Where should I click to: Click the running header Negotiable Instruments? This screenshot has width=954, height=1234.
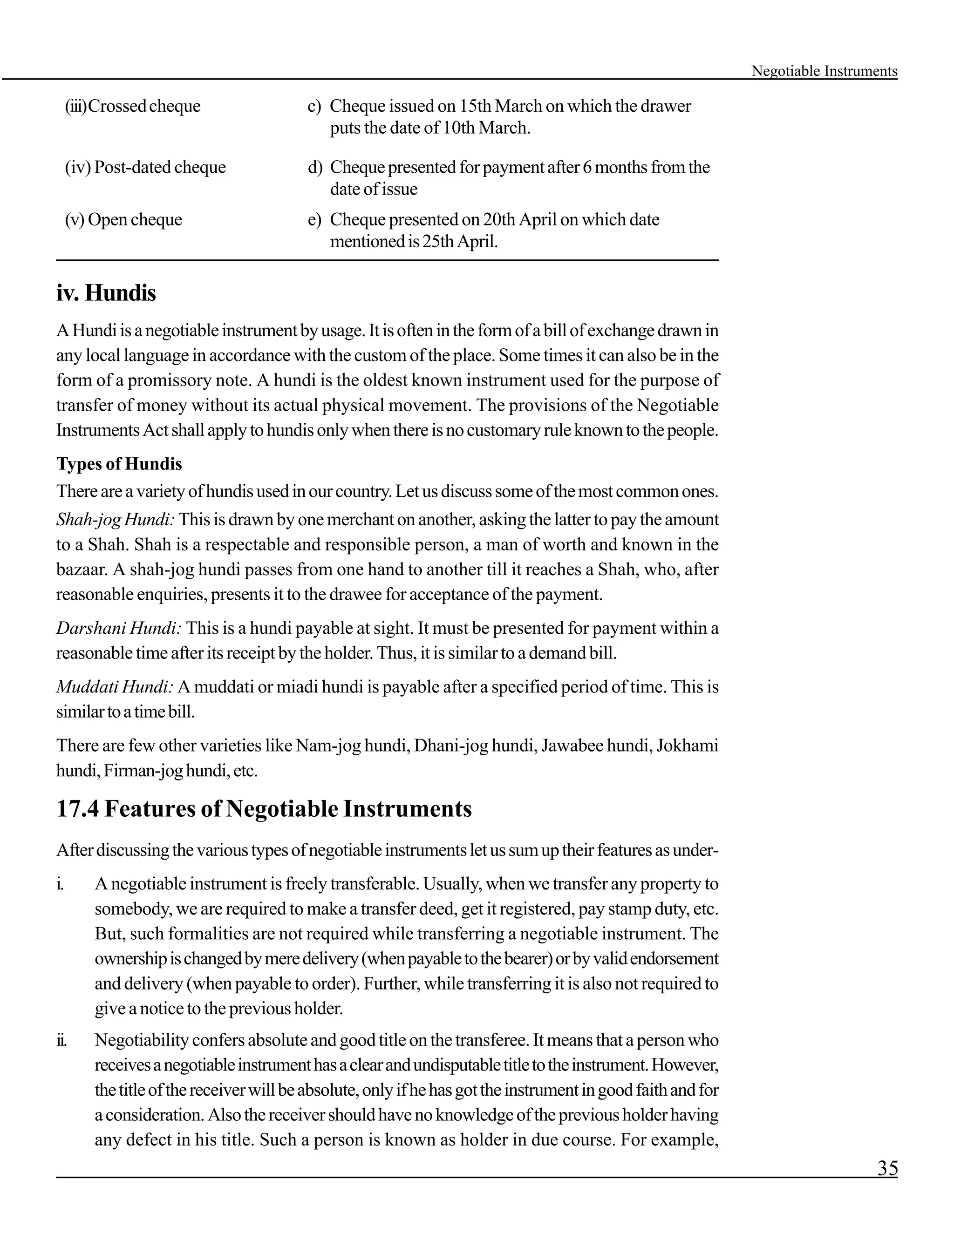824,71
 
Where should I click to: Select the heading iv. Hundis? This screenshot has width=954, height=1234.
106,293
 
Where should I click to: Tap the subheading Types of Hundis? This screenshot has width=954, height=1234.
119,464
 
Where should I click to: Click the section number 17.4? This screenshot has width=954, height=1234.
77,808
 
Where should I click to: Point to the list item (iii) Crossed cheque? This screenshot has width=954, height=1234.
133,106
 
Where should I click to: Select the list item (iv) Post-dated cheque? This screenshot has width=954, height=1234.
145,167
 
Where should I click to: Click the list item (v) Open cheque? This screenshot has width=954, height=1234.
124,219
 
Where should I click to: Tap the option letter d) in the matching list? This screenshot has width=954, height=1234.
314,167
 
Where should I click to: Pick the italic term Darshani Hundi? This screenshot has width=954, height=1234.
119,628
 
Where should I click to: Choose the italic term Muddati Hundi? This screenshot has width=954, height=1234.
114,687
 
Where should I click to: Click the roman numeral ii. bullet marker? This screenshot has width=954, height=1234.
61,1040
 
